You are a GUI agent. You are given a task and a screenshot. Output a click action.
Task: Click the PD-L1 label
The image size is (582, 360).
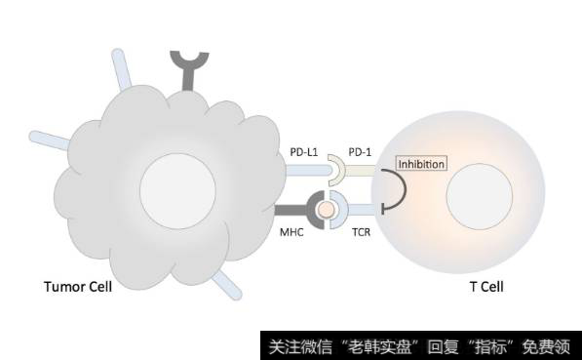(x=305, y=152)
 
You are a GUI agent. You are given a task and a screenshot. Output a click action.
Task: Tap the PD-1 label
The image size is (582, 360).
(x=362, y=152)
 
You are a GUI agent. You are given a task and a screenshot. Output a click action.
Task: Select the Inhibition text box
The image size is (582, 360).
(x=421, y=164)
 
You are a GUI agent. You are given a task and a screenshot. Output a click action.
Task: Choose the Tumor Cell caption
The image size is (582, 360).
(x=78, y=287)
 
